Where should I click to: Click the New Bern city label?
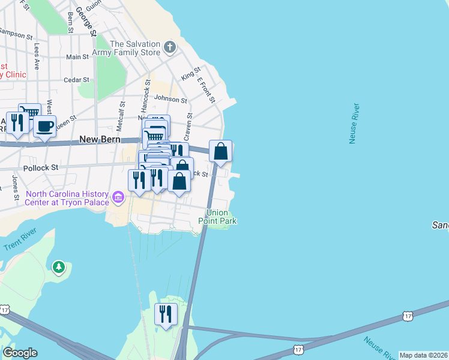(x=100, y=139)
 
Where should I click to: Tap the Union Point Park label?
(x=217, y=217)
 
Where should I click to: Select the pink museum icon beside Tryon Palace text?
(x=118, y=197)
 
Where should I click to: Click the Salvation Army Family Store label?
(x=135, y=48)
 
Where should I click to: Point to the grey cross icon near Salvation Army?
(x=170, y=47)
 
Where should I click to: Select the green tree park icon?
(x=58, y=266)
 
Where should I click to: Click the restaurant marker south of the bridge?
(x=164, y=315)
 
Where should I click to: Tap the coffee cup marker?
(x=44, y=127)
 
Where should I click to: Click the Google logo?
(x=20, y=353)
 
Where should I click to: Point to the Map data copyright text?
(x=423, y=355)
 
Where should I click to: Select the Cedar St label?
(x=76, y=79)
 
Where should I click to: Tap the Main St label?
(x=77, y=57)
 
